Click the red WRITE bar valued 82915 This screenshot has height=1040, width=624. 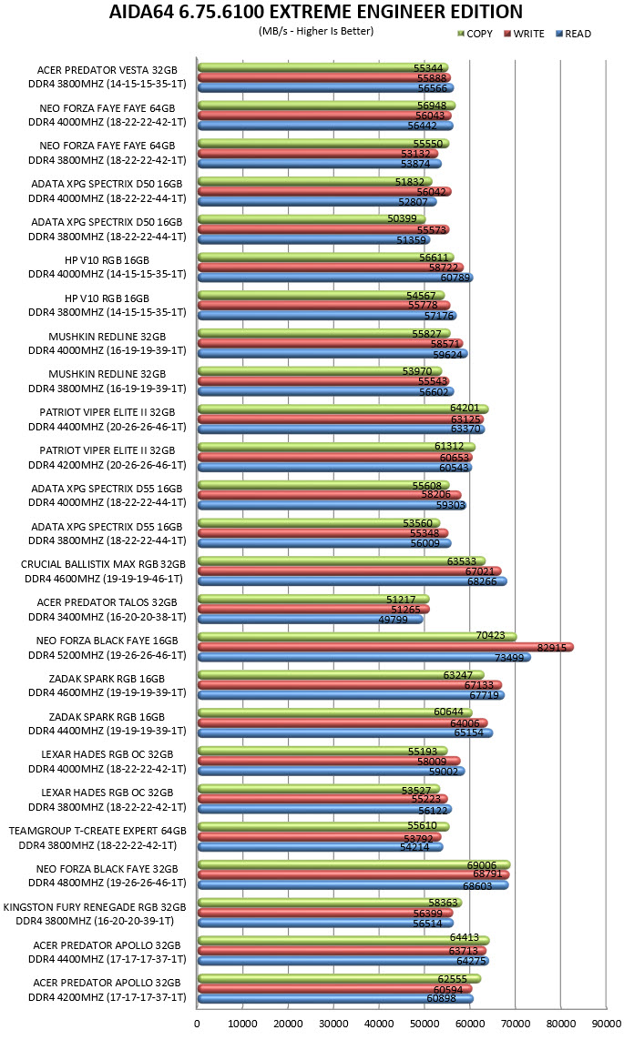tap(385, 647)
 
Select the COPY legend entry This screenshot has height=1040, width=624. tap(476, 34)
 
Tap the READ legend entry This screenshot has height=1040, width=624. tap(574, 34)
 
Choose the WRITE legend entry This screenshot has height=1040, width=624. tap(525, 34)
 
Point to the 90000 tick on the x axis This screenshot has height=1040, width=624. tap(606, 1024)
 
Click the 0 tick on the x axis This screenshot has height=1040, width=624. tap(197, 1024)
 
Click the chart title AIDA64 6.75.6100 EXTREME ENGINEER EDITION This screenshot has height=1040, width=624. tap(316, 12)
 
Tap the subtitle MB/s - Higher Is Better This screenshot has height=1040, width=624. tap(316, 31)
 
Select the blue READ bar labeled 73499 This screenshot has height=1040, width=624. tap(363, 657)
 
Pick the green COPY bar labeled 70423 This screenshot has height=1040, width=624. tap(357, 637)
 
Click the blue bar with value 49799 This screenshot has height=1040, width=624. tap(310, 620)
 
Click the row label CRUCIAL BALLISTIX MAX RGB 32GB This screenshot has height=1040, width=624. tap(103, 564)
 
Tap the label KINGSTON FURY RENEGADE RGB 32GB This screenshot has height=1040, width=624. tap(94, 907)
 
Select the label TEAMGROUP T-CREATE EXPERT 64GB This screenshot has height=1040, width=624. tap(97, 831)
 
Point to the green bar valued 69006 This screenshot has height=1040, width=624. tap(353, 865)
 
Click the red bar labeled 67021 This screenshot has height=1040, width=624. tap(349, 571)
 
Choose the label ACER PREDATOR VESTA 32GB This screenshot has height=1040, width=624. tap(107, 70)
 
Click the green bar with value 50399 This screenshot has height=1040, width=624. tap(312, 219)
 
